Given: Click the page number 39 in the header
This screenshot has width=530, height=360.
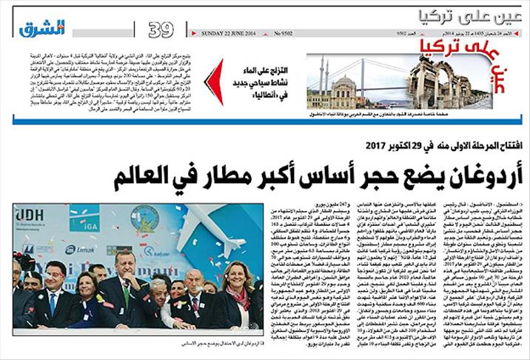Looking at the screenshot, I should (161, 30).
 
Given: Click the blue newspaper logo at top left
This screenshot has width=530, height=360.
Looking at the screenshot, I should (41, 28).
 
